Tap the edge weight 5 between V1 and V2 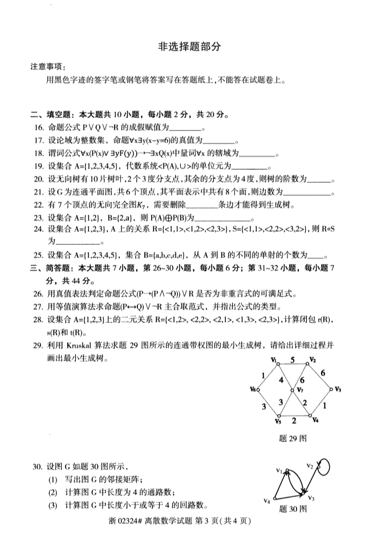coord(293,360)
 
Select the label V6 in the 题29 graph coord(253,390)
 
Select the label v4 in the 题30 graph coord(266,501)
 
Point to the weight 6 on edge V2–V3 coord(323,372)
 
